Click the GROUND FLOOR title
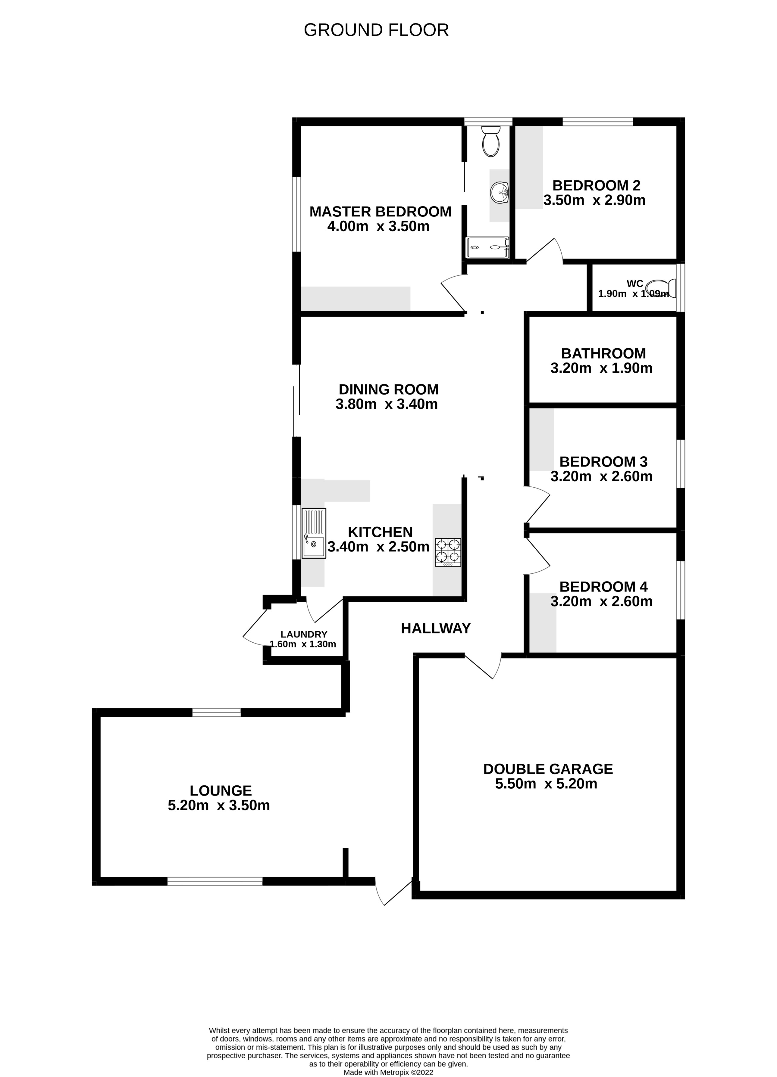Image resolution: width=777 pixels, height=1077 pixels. click(376, 30)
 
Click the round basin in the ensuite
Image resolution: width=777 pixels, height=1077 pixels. click(500, 193)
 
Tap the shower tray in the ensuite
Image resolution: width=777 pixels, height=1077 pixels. click(488, 247)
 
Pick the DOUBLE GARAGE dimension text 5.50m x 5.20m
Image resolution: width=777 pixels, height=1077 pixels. click(546, 784)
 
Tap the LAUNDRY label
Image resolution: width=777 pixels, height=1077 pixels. click(304, 635)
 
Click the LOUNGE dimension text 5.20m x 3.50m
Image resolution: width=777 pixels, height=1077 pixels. click(219, 805)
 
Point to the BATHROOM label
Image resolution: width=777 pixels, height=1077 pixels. click(603, 353)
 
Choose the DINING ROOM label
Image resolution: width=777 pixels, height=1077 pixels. click(388, 390)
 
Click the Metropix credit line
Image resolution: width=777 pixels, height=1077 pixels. click(388, 1072)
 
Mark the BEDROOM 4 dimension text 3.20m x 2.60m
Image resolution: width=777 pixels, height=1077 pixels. click(601, 602)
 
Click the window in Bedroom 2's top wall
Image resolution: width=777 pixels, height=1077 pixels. click(597, 122)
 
